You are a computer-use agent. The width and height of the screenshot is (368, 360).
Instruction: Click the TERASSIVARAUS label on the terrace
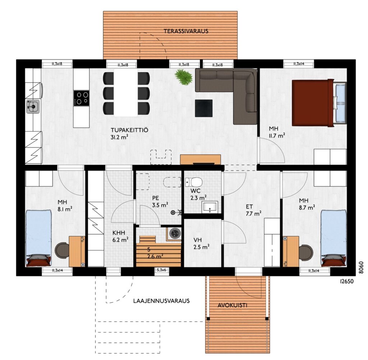pyautogui.click(x=186, y=31)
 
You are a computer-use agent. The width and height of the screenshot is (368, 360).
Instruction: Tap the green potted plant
pyautogui.click(x=184, y=77)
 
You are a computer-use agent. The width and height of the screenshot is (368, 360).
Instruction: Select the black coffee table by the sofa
pyautogui.click(x=204, y=108)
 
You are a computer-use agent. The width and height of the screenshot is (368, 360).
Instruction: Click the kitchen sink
pyautogui.click(x=33, y=107)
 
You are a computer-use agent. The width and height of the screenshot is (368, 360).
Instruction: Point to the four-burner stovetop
pyautogui.click(x=81, y=98)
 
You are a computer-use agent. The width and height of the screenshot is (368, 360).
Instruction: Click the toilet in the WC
pyautogui.click(x=193, y=181)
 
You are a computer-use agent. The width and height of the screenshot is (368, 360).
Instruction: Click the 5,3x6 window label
pyautogui.click(x=161, y=270)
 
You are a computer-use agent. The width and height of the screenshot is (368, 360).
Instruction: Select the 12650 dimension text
pyautogui.click(x=346, y=281)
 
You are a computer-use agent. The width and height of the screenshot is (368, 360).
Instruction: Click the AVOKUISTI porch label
pyautogui.click(x=233, y=305)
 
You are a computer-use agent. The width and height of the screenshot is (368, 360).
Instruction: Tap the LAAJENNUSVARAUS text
pyautogui.click(x=161, y=301)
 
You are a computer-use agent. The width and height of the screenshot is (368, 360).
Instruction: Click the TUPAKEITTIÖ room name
pyautogui.click(x=129, y=130)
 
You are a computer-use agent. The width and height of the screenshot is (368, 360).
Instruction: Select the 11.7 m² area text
pyautogui.click(x=277, y=135)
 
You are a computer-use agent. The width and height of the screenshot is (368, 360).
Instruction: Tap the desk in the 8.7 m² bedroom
pyautogui.click(x=291, y=251)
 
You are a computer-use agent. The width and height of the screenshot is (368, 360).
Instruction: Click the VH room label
pyautogui.click(x=198, y=240)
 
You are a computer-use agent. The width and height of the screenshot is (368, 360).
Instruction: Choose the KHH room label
pyautogui.click(x=119, y=233)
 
